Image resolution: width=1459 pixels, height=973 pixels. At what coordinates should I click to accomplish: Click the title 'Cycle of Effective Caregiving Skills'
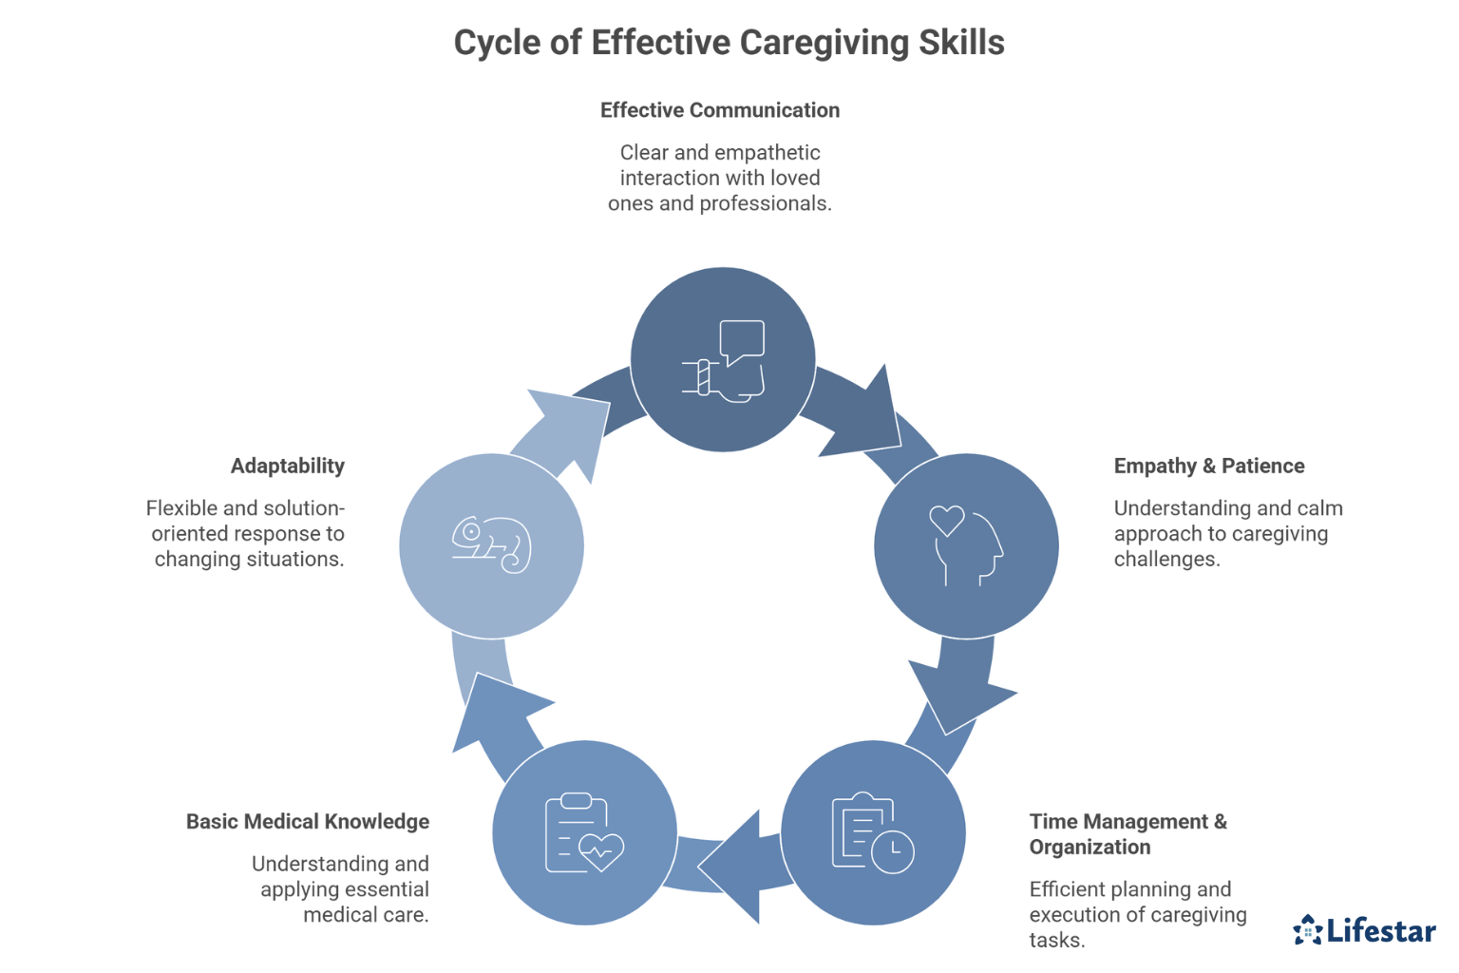tap(729, 43)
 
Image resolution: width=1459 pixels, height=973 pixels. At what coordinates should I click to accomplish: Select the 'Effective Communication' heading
tap(719, 110)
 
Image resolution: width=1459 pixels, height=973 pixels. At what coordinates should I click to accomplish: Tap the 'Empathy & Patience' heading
tap(1208, 466)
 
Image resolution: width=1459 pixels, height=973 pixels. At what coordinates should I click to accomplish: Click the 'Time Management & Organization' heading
tap(1127, 833)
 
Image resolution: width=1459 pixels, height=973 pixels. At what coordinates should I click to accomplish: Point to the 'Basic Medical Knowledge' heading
tap(307, 821)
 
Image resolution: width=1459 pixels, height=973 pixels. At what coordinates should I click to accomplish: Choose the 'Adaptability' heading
tap(287, 466)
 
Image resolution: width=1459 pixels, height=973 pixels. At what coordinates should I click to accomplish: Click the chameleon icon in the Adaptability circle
tap(491, 544)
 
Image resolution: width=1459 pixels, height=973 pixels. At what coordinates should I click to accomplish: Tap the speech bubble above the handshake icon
tap(742, 340)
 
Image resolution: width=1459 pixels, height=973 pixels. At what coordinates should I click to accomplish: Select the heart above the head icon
tap(946, 520)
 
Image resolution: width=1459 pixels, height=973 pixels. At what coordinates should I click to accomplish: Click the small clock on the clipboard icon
tap(893, 851)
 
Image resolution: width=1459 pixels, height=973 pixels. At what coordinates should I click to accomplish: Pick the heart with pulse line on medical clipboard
tap(601, 849)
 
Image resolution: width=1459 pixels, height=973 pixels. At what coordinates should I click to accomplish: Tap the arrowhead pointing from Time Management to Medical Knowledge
tap(736, 866)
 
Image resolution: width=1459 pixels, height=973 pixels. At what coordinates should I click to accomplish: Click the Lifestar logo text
tap(1381, 930)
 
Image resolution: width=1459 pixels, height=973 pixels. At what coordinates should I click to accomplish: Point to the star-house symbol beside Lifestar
tap(1308, 930)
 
